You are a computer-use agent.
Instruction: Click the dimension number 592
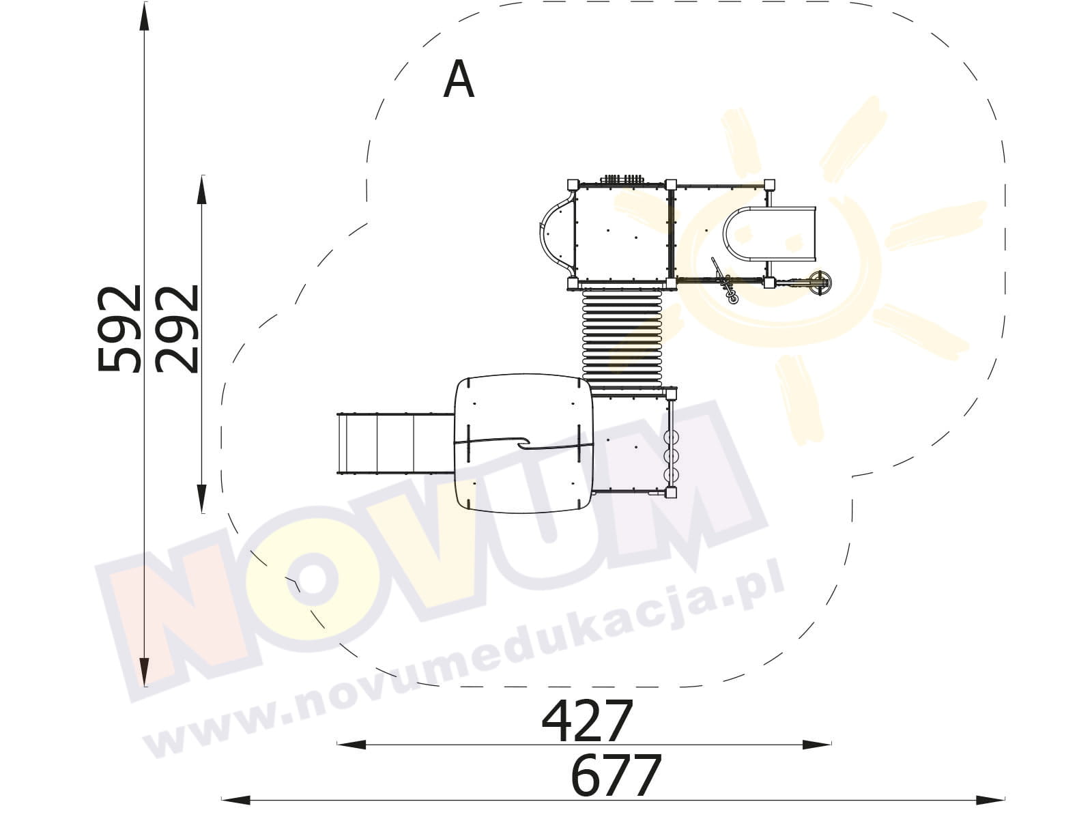pyautogui.click(x=119, y=329)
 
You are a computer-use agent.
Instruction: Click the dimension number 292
pyautogui.click(x=177, y=329)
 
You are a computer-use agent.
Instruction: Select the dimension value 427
pyautogui.click(x=587, y=721)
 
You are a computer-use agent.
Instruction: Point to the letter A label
pyautogui.click(x=458, y=80)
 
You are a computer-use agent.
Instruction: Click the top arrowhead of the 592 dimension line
pyautogui.click(x=144, y=17)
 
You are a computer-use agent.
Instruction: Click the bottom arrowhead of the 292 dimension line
pyautogui.click(x=201, y=498)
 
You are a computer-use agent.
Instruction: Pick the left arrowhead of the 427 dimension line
pyautogui.click(x=351, y=745)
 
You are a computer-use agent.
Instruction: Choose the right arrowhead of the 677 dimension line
pyautogui.click(x=990, y=800)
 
